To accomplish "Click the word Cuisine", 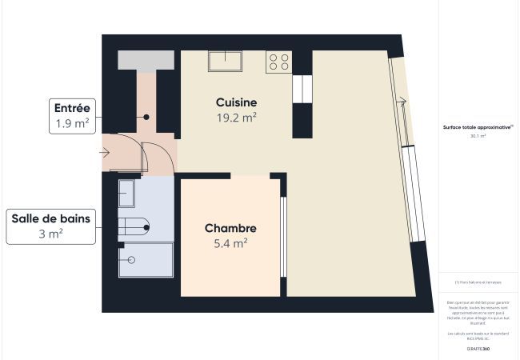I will coord(236,102).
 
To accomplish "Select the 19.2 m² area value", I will coord(236,118).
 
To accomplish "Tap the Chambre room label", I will coord(230,228).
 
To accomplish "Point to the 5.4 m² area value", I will coord(230,243).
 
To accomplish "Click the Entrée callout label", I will coord(72,108).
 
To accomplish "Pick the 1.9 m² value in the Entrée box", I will coord(72,123).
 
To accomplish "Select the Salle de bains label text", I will coord(50,218).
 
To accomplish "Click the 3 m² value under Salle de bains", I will coord(50,234).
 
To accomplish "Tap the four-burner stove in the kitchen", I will coord(278,62).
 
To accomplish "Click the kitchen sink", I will coord(227,62).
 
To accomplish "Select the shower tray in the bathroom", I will coord(146,260).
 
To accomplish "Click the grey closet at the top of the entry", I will coord(146,60).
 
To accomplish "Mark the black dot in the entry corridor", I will coord(146,117).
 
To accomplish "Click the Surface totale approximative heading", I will coord(478,127).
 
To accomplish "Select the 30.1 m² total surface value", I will coord(478,137).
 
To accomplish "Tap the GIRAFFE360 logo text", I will coord(478,350).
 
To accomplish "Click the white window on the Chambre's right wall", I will coord(283,236).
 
